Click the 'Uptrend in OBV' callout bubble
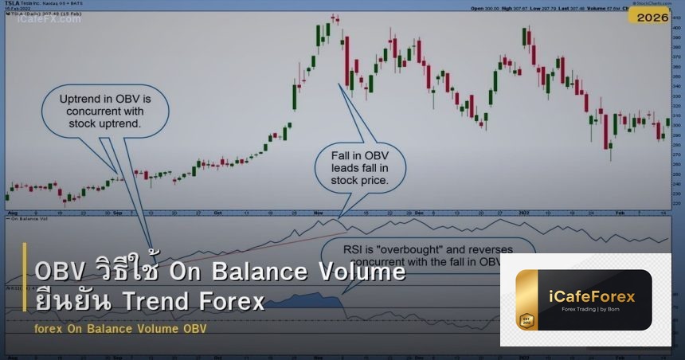pos(100,111)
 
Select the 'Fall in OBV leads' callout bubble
pos(359,166)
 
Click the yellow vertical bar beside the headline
pos(25,288)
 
